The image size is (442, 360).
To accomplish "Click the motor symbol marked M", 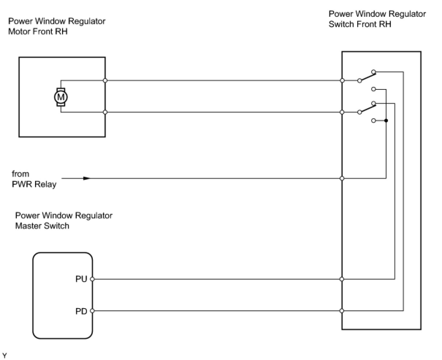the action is pyautogui.click(x=61, y=97).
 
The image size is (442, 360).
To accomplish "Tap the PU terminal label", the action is pyautogui.click(x=81, y=279).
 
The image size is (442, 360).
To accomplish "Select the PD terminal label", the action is pyautogui.click(x=81, y=311).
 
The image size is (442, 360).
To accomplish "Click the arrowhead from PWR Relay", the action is pyautogui.click(x=86, y=178).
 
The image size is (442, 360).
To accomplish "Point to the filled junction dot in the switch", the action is pyautogui.click(x=386, y=120).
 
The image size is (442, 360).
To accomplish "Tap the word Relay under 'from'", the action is pyautogui.click(x=45, y=184).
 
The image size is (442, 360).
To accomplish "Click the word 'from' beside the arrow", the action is pyautogui.click(x=20, y=174).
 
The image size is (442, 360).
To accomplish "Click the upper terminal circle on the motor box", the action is pyautogui.click(x=105, y=80).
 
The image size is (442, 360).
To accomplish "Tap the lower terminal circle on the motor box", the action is pyautogui.click(x=105, y=112).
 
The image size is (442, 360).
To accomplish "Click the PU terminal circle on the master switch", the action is pyautogui.click(x=92, y=279).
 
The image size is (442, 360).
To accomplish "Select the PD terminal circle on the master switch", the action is pyautogui.click(x=92, y=311).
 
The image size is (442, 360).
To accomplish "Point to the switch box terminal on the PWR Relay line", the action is pyautogui.click(x=342, y=178).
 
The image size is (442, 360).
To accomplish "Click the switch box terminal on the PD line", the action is pyautogui.click(x=342, y=311).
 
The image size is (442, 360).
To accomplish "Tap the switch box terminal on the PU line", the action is pyautogui.click(x=342, y=279).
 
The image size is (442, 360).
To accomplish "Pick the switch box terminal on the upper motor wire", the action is pyautogui.click(x=342, y=80).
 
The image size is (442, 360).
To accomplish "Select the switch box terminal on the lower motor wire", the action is pyautogui.click(x=342, y=112).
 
